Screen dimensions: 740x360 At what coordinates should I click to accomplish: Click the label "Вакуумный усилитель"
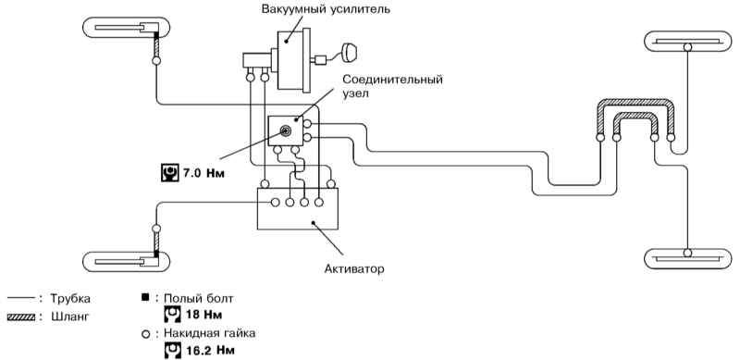pyautogui.click(x=327, y=9)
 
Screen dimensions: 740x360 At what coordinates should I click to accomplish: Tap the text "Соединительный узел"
pyautogui.click(x=392, y=85)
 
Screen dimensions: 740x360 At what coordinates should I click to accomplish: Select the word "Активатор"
pyautogui.click(x=354, y=269)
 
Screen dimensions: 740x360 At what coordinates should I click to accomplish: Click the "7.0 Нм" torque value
pyautogui.click(x=203, y=173)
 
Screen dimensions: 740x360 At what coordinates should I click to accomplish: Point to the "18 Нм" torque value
pyautogui.click(x=204, y=314)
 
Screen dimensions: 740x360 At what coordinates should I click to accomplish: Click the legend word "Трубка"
pyautogui.click(x=70, y=299)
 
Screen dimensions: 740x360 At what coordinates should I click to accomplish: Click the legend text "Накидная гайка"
pyautogui.click(x=210, y=333)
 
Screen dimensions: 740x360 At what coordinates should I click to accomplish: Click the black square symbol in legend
pyautogui.click(x=145, y=297)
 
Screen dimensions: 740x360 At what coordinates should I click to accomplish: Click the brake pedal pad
pyautogui.click(x=350, y=52)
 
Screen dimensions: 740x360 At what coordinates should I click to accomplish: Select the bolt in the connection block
pyautogui.click(x=286, y=130)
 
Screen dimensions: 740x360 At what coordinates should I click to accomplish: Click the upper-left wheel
pyautogui.click(x=126, y=28)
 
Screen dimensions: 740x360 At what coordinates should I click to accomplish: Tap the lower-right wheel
pyautogui.click(x=687, y=258)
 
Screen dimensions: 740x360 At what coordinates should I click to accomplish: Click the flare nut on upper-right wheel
pyautogui.click(x=687, y=47)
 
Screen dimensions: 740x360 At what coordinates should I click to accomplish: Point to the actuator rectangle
pyautogui.click(x=297, y=209)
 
